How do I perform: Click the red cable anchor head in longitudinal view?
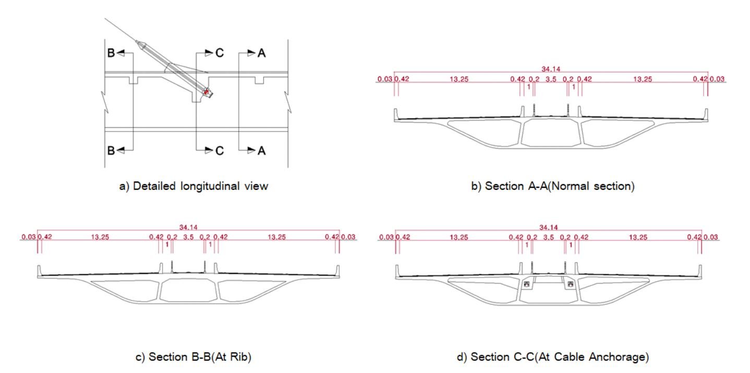[207, 92]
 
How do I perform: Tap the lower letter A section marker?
[261, 150]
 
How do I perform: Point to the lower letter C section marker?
[219, 150]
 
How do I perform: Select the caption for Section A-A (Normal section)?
[553, 186]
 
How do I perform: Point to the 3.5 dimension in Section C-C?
[549, 237]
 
